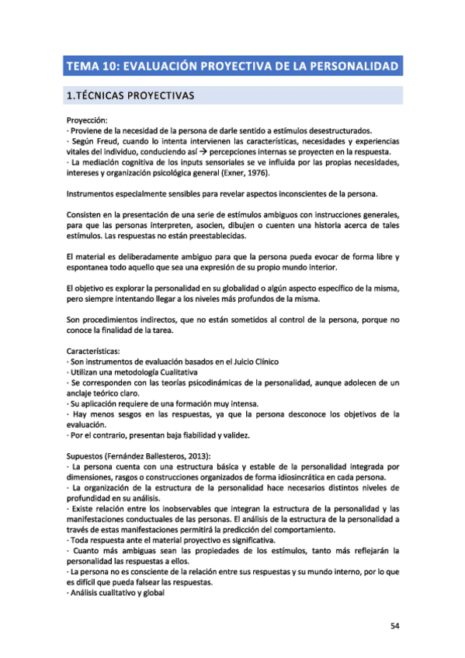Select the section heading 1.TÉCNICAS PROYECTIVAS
[130, 97]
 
